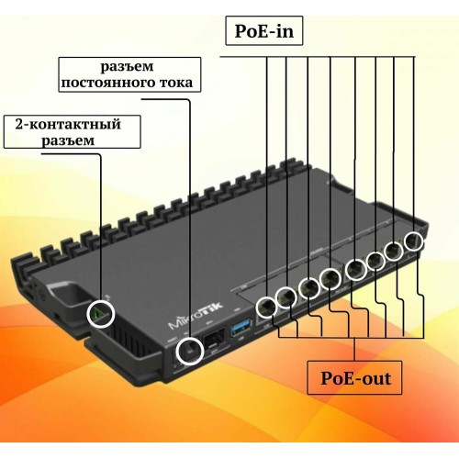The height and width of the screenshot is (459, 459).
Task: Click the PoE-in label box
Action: pos(264,31)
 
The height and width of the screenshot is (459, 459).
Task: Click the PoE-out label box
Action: pos(354,377)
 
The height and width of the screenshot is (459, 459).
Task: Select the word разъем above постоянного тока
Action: pos(127,66)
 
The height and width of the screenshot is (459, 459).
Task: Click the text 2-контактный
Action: pos(68,124)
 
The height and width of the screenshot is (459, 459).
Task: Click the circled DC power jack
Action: pos(190,350)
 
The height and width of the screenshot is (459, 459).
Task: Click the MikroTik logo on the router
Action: pos(196,316)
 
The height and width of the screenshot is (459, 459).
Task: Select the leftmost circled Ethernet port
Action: pos(266,308)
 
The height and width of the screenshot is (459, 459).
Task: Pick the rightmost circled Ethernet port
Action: pos(414,241)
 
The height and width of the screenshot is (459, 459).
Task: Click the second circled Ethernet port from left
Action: pos(286,297)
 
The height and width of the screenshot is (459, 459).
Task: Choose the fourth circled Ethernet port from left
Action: pos(330,278)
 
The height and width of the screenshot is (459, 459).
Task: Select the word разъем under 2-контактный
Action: pos(68,140)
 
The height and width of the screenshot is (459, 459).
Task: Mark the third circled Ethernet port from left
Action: pos(309,288)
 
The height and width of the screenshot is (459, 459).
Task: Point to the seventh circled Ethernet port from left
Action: pos(395,252)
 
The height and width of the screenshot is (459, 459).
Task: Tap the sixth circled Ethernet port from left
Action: pos(376,261)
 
